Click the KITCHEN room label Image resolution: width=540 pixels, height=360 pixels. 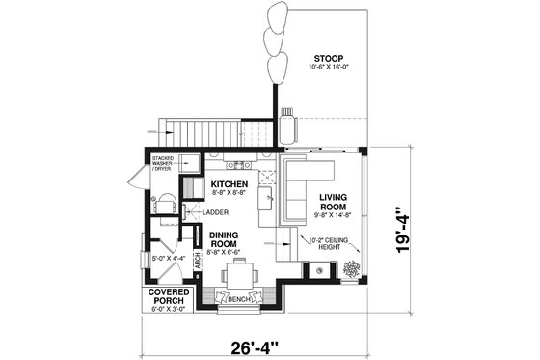[x=230, y=184]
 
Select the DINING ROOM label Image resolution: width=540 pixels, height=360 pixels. [x=230, y=239]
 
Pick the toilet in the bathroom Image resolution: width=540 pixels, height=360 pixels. [x=165, y=205]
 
